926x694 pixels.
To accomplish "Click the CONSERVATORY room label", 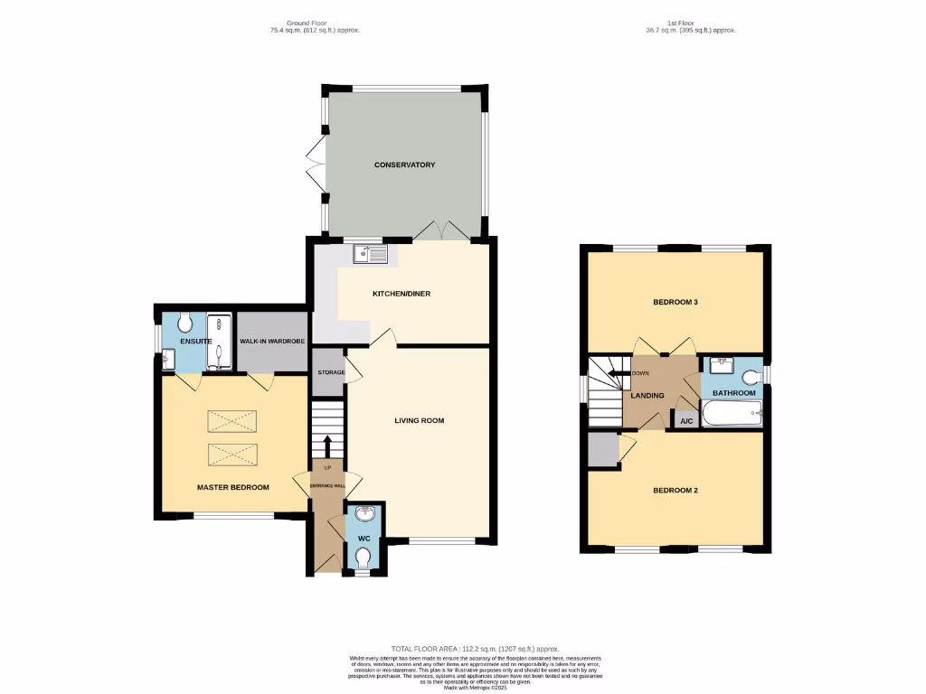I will click(x=405, y=164).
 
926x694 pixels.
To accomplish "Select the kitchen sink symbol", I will click(x=370, y=254).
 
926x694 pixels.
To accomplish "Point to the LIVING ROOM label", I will click(x=420, y=420).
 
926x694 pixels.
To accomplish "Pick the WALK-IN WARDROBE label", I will click(x=271, y=342).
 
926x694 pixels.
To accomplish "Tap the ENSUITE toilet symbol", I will click(x=185, y=323).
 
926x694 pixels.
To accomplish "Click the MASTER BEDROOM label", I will click(x=233, y=487).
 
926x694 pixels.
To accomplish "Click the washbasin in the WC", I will click(x=363, y=515).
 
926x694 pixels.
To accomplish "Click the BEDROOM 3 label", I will click(x=676, y=302).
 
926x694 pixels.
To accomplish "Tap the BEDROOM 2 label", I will click(x=676, y=491).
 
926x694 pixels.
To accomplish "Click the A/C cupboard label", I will click(x=685, y=421).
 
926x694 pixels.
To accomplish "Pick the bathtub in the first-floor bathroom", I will click(x=732, y=417).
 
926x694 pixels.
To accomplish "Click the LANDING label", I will click(x=647, y=395).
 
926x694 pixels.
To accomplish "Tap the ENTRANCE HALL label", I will click(x=328, y=486).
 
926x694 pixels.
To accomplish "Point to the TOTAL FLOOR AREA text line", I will click(x=475, y=649).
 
